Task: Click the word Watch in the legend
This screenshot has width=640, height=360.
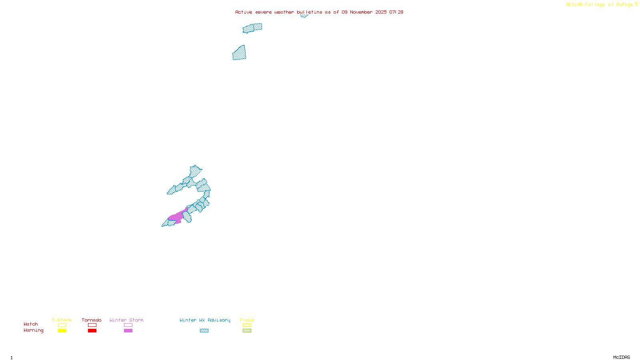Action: (x=31, y=324)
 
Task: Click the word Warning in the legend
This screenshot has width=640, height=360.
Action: (x=34, y=330)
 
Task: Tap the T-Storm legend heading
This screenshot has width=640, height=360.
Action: (x=62, y=320)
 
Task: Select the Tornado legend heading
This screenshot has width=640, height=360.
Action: (x=92, y=320)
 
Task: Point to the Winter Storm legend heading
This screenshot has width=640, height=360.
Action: (x=126, y=320)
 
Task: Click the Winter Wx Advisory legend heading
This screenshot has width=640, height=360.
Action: (x=205, y=320)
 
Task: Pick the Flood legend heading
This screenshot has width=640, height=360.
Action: (x=247, y=320)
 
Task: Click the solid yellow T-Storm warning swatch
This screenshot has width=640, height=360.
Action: (x=62, y=331)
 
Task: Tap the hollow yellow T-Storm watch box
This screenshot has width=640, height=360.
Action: (x=62, y=325)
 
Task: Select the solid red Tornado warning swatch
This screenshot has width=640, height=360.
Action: (x=92, y=331)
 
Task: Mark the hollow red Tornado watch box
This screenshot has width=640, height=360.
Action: (x=92, y=325)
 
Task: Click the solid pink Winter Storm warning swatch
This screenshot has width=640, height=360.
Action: (x=128, y=331)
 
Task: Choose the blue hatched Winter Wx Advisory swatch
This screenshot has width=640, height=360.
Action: (x=204, y=331)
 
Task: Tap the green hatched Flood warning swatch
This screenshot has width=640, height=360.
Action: (x=247, y=331)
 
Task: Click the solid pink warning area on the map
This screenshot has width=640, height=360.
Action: (x=176, y=217)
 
